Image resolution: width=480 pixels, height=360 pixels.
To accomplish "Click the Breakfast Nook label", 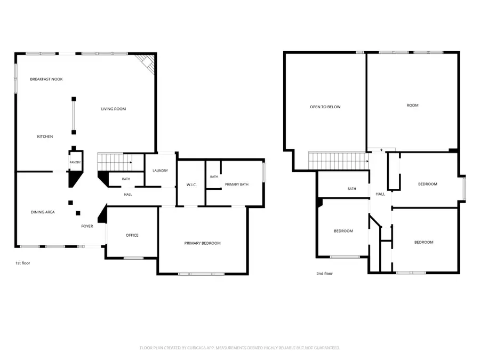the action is [46, 79].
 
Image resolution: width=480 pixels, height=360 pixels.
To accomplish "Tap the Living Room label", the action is [114, 109].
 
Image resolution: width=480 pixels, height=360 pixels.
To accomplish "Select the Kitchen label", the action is [45, 137].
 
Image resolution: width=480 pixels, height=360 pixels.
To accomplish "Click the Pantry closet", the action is [75, 162].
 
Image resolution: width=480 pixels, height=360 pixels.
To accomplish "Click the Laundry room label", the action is [161, 171].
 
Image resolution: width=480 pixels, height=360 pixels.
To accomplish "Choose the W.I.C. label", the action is [191, 185].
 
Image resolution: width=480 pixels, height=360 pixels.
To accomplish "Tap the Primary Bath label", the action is [237, 185].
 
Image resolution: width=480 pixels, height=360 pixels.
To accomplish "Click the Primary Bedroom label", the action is [202, 243].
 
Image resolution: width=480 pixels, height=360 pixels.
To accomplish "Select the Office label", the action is [132, 235].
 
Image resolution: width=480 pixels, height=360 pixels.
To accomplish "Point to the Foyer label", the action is [87, 226].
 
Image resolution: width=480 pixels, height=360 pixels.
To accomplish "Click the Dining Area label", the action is [43, 212].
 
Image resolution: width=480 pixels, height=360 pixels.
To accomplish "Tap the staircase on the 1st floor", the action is [115, 162].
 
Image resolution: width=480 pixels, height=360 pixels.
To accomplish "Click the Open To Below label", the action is [325, 107].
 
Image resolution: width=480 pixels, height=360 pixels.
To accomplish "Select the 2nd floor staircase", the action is [338, 160].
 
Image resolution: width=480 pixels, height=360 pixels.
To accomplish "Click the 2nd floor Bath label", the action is [352, 189].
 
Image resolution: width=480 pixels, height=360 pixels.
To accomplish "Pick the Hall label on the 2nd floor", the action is [380, 194].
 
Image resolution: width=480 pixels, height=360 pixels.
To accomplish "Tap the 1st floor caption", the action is [22, 263].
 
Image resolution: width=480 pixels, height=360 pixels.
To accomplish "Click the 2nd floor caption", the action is [324, 274].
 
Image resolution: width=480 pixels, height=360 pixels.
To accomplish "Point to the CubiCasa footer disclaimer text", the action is [239, 348].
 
